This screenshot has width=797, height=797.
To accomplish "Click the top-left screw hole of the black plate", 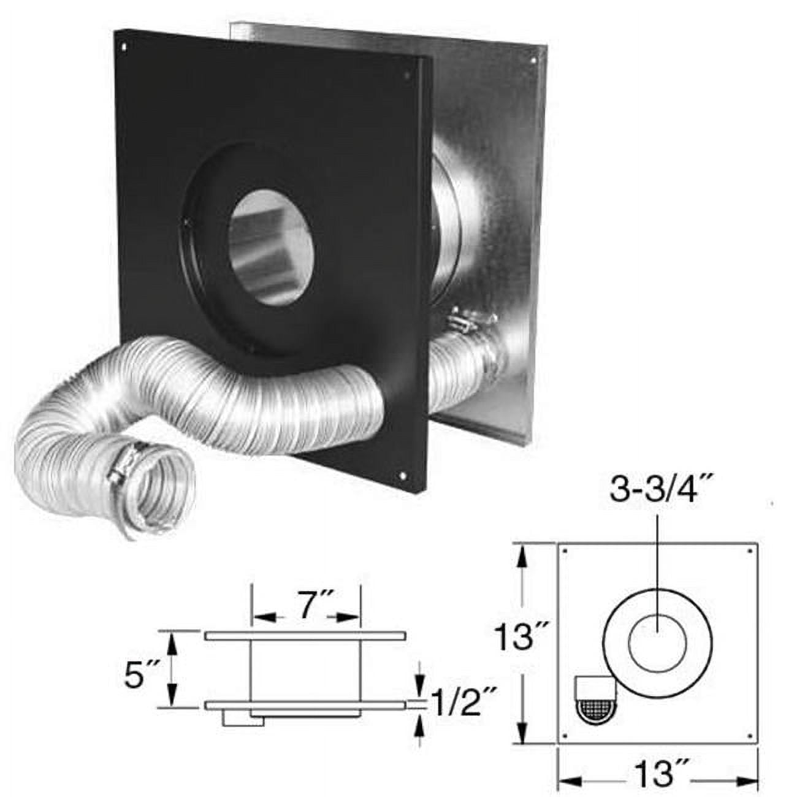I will (124, 46).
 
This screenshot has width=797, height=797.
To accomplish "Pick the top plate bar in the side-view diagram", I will (305, 636).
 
